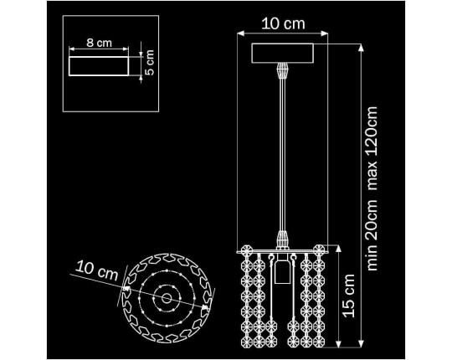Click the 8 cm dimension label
[99, 43]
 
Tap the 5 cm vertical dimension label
[149, 63]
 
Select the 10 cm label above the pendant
[283, 23]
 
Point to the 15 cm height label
[348, 296]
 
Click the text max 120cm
[372, 148]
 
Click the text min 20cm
[372, 234]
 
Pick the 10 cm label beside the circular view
[97, 270]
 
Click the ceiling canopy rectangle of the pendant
[283, 53]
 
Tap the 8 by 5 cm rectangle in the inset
[99, 66]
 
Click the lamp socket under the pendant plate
[280, 269]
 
